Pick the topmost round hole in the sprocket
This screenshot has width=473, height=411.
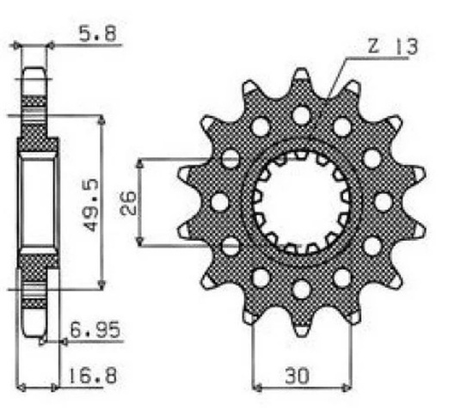(301, 115)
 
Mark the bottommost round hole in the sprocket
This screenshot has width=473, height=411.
(301, 289)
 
